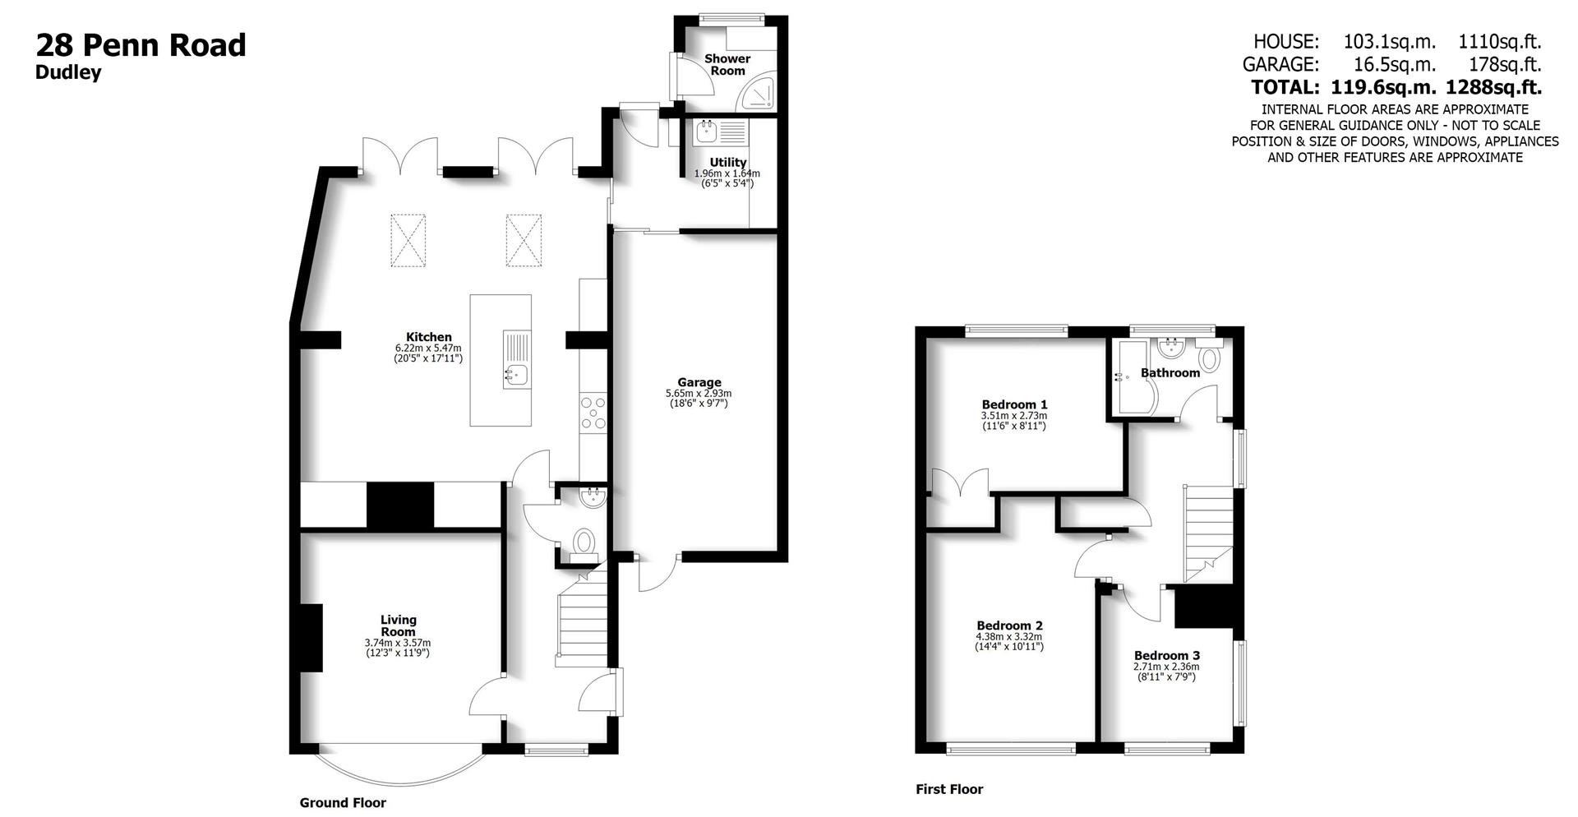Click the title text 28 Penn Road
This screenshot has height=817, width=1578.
pyautogui.click(x=141, y=45)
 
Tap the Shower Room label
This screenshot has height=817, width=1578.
pyautogui.click(x=727, y=64)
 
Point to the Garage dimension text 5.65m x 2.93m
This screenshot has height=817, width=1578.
pyautogui.click(x=699, y=394)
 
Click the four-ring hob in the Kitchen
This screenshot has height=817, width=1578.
pyautogui.click(x=593, y=413)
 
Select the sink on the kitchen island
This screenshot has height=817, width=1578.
pyautogui.click(x=516, y=376)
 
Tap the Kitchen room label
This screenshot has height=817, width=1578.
pyautogui.click(x=428, y=337)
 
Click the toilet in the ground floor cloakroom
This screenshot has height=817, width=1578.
pyautogui.click(x=584, y=542)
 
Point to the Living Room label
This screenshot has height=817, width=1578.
pyautogui.click(x=398, y=625)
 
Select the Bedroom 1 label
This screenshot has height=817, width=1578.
pyautogui.click(x=1014, y=404)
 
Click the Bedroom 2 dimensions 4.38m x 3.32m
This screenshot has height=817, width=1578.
pyautogui.click(x=1009, y=637)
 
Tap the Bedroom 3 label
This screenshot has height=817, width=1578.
pyautogui.click(x=1166, y=655)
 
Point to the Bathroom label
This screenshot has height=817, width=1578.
pyautogui.click(x=1170, y=373)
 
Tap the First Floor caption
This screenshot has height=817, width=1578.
pyautogui.click(x=949, y=789)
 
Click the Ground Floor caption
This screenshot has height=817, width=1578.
pyautogui.click(x=343, y=803)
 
